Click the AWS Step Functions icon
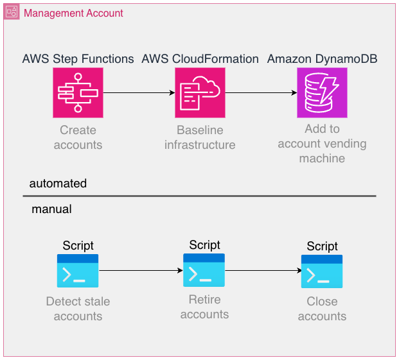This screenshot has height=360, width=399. (x=78, y=93)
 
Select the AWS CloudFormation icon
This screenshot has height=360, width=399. (x=200, y=93)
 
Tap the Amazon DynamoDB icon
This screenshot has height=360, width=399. (x=322, y=93)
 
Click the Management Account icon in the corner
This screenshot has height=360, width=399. (x=12, y=12)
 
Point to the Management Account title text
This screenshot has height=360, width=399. (x=73, y=13)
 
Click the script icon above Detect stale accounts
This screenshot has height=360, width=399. (x=78, y=271)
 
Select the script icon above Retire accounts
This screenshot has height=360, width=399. (x=204, y=270)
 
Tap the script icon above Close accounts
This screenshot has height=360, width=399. (x=322, y=271)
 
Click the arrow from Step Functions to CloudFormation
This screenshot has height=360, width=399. (x=139, y=93)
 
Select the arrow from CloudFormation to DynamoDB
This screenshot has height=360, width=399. (x=261, y=93)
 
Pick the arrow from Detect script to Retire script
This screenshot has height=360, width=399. (x=141, y=270)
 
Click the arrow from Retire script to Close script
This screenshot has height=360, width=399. (x=263, y=270)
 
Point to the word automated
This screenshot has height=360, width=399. (x=58, y=184)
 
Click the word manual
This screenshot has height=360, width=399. (x=51, y=209)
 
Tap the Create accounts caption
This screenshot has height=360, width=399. (x=78, y=137)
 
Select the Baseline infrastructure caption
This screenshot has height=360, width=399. (x=200, y=137)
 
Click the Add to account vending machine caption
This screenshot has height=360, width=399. (x=322, y=143)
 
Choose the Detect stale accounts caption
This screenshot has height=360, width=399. (x=78, y=309)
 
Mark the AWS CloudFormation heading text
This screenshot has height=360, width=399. (x=200, y=59)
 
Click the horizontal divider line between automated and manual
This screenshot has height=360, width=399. (x=202, y=196)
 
